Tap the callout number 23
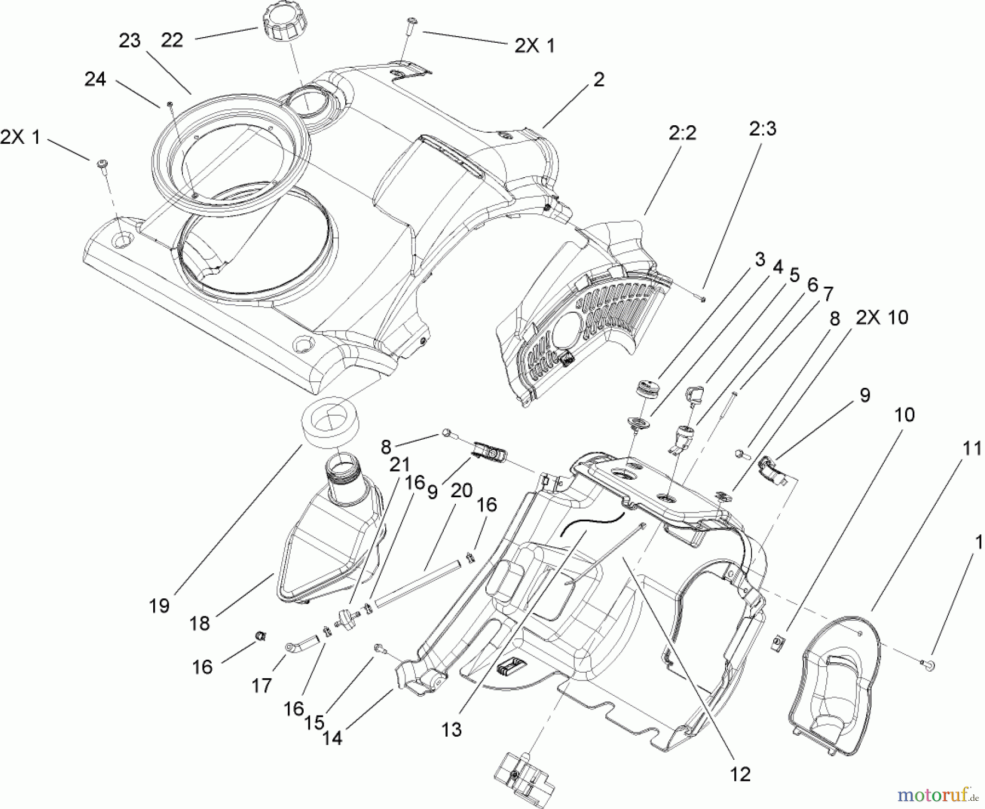coord(130,40)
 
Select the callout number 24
coord(95,79)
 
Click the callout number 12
coord(740,774)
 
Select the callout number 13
coord(452,730)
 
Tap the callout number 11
coord(972,449)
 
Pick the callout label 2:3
coord(762,129)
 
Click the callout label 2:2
coord(682,133)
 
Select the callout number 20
coord(461,491)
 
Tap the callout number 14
coord(332,738)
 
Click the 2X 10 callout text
coord(882,317)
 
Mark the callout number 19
coord(159,606)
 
